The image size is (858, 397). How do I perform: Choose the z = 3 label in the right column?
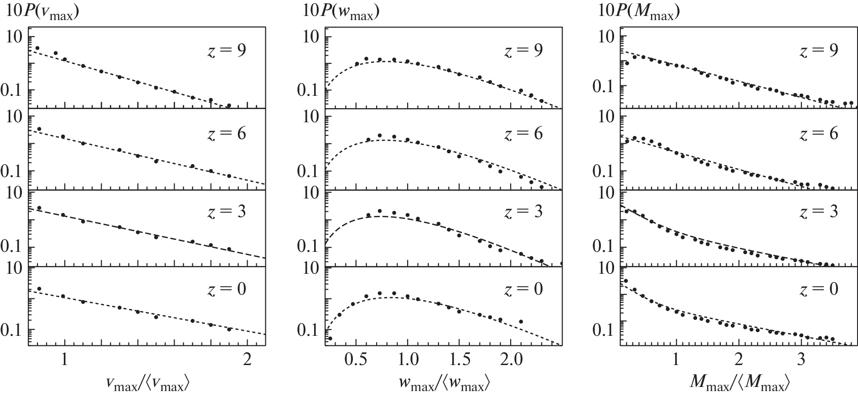[818, 211]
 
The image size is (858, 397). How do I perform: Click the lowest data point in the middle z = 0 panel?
[330, 338]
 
